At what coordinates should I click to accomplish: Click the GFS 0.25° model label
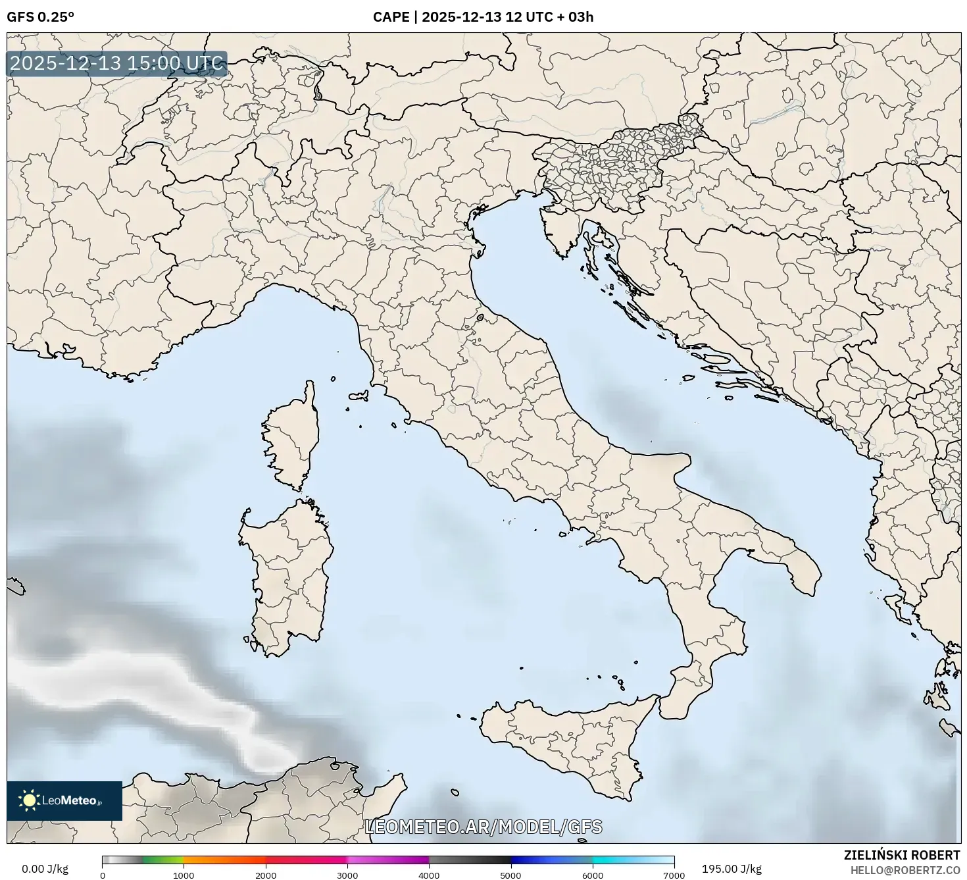click(x=40, y=17)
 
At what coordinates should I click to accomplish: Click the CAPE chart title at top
click(x=483, y=17)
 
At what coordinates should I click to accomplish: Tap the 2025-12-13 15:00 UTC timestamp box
click(x=117, y=64)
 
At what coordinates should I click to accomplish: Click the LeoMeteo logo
click(x=64, y=800)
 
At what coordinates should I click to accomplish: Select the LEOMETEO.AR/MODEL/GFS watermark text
click(x=484, y=827)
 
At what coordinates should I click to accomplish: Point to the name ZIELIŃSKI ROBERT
click(x=901, y=855)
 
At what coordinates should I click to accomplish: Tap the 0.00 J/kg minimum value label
click(x=45, y=869)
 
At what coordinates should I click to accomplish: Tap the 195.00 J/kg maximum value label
click(x=731, y=869)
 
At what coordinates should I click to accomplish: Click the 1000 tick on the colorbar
click(x=184, y=875)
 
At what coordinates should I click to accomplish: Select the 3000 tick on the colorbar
click(x=347, y=875)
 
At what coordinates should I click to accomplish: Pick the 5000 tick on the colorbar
click(x=511, y=875)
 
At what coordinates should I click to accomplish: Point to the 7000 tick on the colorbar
click(x=674, y=875)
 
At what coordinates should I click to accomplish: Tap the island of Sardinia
click(x=289, y=573)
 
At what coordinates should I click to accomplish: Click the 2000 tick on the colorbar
click(x=266, y=875)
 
